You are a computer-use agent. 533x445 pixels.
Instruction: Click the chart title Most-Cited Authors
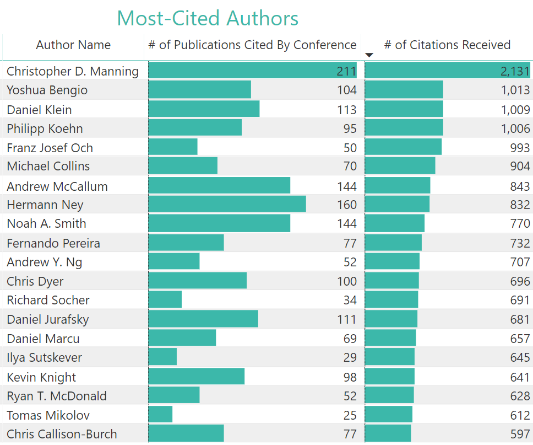point(208,18)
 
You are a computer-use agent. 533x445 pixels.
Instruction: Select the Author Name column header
point(73,45)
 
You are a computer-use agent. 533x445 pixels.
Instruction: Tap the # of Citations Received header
point(447,45)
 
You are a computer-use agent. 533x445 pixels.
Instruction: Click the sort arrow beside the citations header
point(369,55)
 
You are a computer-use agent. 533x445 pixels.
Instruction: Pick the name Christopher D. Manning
point(73,71)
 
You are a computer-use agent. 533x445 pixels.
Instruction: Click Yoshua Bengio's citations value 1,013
point(515,90)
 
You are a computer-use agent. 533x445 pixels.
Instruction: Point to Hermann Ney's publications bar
point(227,205)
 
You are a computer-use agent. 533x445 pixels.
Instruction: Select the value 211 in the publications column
point(346,71)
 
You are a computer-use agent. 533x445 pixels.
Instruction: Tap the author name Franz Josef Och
point(50,148)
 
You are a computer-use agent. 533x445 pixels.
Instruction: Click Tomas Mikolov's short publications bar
point(160,415)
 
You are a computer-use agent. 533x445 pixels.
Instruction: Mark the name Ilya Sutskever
point(44,357)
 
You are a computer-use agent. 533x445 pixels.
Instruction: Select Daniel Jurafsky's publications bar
point(203,319)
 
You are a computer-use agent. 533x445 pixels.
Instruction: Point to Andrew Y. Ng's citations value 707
point(520,262)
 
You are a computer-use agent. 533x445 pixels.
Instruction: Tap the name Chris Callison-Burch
point(62,434)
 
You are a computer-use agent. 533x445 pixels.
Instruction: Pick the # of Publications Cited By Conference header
point(252,45)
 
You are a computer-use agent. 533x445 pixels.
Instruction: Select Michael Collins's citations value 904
point(520,166)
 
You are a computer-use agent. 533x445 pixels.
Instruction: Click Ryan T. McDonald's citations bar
point(389,396)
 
